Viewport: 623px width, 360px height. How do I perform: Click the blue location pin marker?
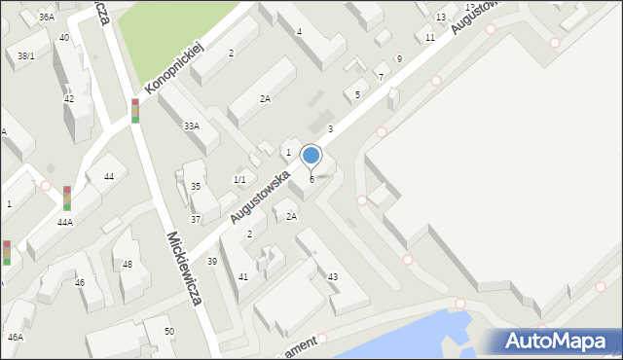311,156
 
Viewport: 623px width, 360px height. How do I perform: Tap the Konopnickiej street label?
173,70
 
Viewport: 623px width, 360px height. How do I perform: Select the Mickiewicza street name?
184,269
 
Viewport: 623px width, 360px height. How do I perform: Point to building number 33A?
192,126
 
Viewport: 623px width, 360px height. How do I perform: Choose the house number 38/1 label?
25,56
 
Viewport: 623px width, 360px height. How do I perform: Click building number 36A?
47,18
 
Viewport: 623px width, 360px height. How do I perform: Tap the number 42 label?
69,99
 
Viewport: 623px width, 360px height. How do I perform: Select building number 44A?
65,223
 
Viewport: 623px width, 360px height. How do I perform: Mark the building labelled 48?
128,265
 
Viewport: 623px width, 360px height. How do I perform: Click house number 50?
169,332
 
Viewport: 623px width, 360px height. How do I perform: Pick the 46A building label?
16,337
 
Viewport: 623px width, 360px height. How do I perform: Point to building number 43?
333,277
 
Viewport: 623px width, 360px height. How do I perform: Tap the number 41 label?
243,277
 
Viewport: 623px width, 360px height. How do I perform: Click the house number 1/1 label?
238,180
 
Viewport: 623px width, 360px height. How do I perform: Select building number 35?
196,186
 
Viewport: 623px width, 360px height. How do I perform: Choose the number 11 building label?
430,38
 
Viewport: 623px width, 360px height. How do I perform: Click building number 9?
399,59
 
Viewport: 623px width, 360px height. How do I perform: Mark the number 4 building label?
299,32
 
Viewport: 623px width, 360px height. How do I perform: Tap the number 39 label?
212,262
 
